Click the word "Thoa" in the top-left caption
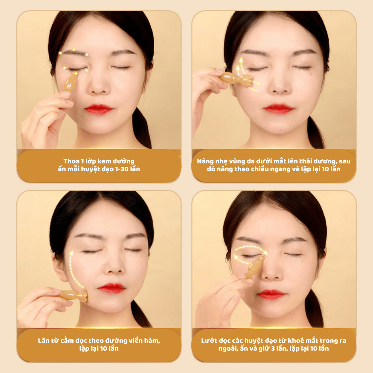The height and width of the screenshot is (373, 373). click(x=71, y=161)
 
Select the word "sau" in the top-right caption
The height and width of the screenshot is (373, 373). click(x=345, y=162)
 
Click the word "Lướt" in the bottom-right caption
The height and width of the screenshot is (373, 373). click(x=209, y=341)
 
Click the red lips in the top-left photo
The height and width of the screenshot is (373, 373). click(x=99, y=109)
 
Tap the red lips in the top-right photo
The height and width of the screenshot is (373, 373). click(x=278, y=109)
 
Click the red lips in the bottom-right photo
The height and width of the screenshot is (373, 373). click(x=272, y=294)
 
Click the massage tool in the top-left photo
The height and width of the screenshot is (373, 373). click(x=70, y=82)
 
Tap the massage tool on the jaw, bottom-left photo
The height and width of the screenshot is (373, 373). click(x=73, y=295)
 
